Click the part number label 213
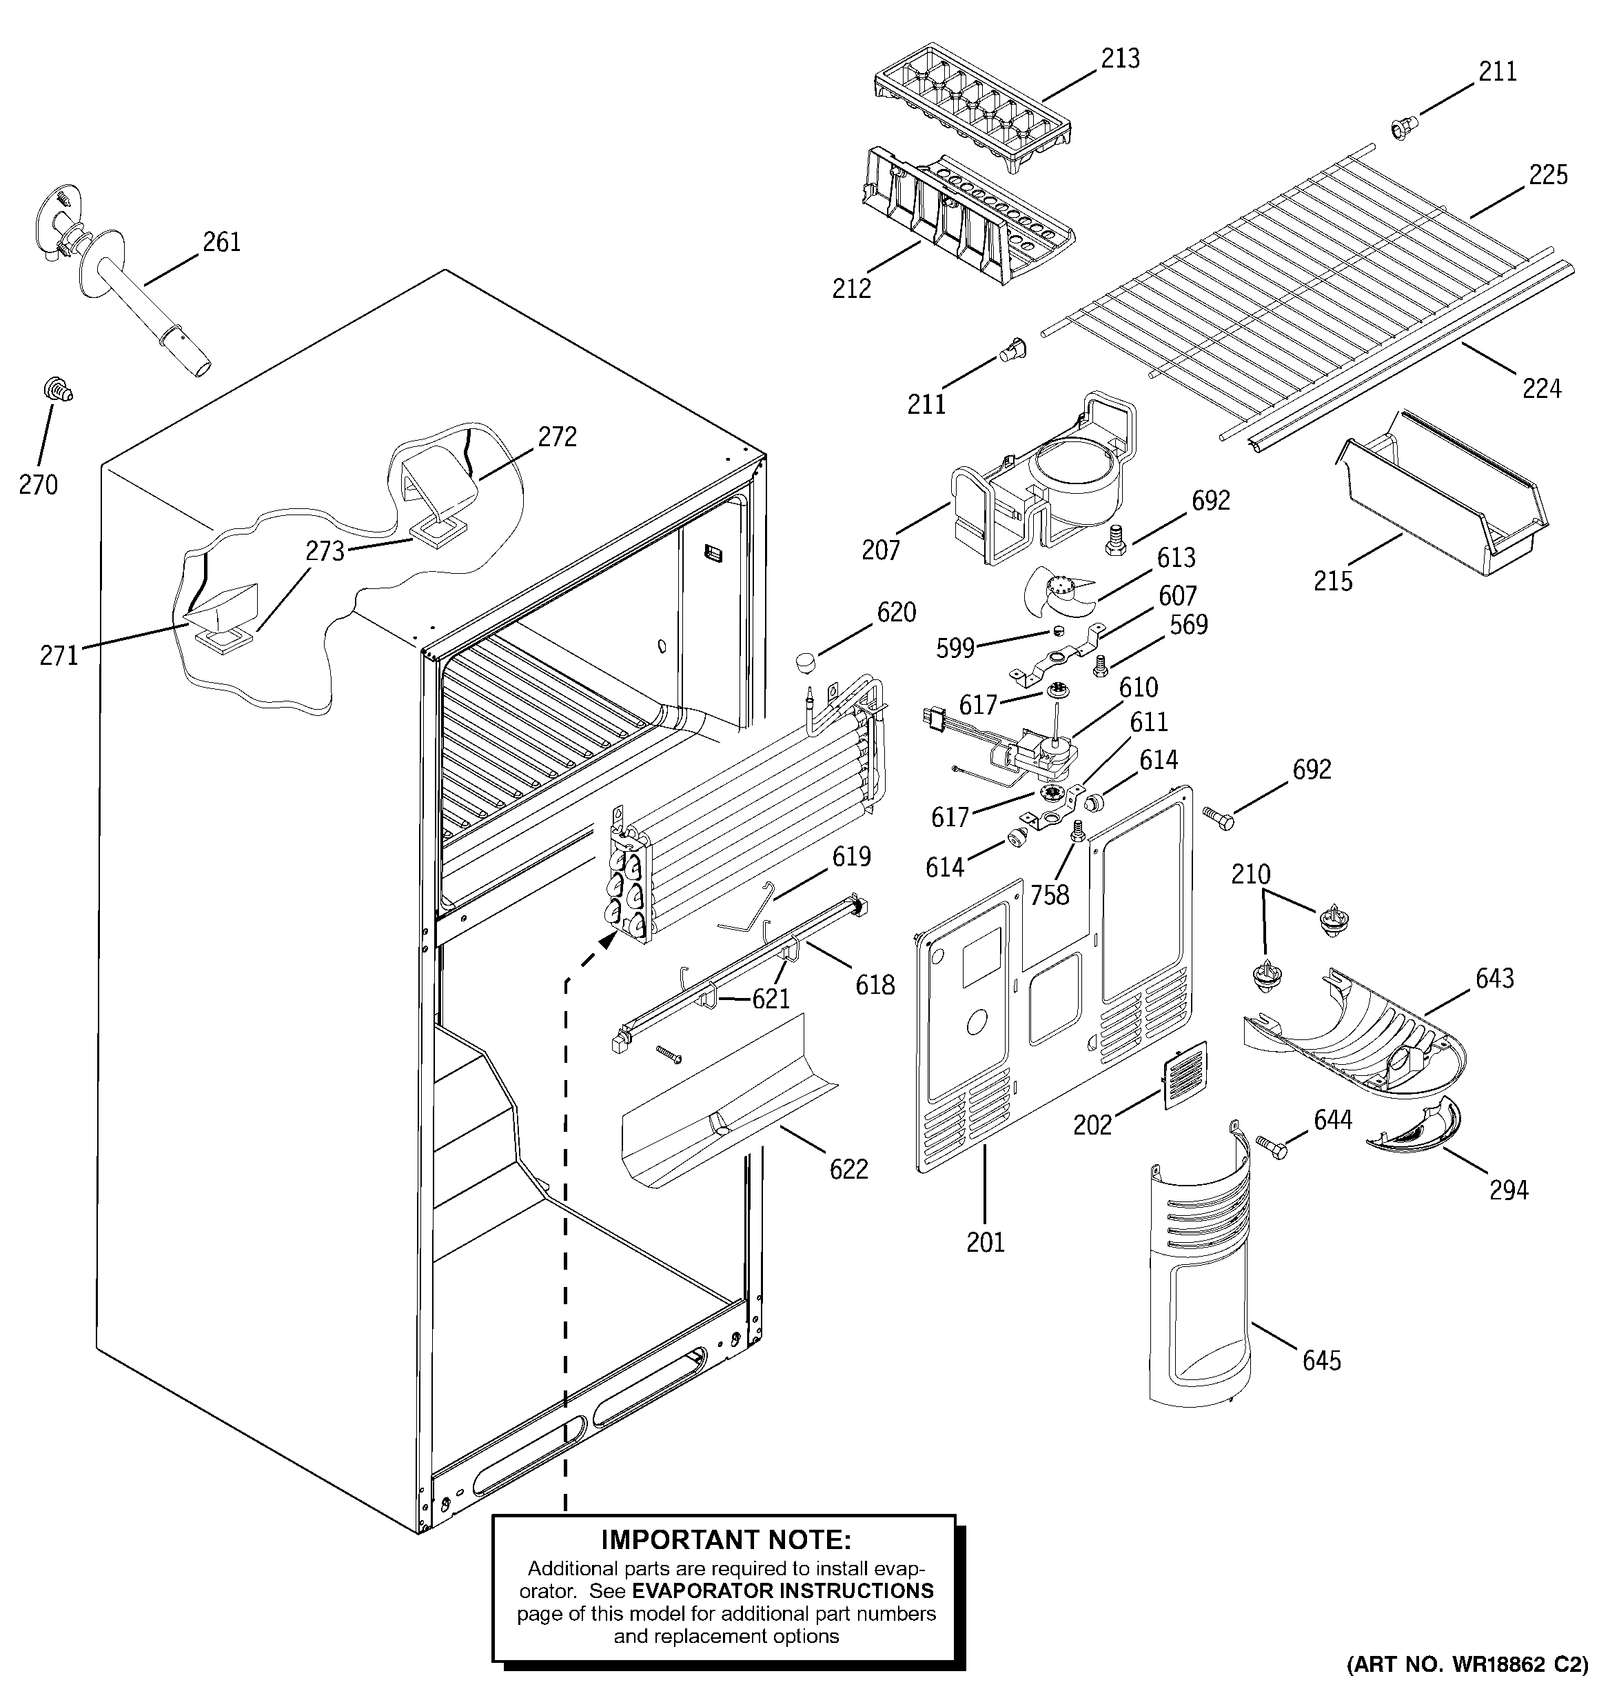[x=1120, y=59]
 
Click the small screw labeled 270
[x=57, y=392]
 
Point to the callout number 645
[x=1321, y=1360]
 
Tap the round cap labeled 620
[x=804, y=662]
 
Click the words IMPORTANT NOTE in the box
[x=725, y=1538]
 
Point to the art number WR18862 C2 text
[x=1467, y=1688]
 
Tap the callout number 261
[x=221, y=242]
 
